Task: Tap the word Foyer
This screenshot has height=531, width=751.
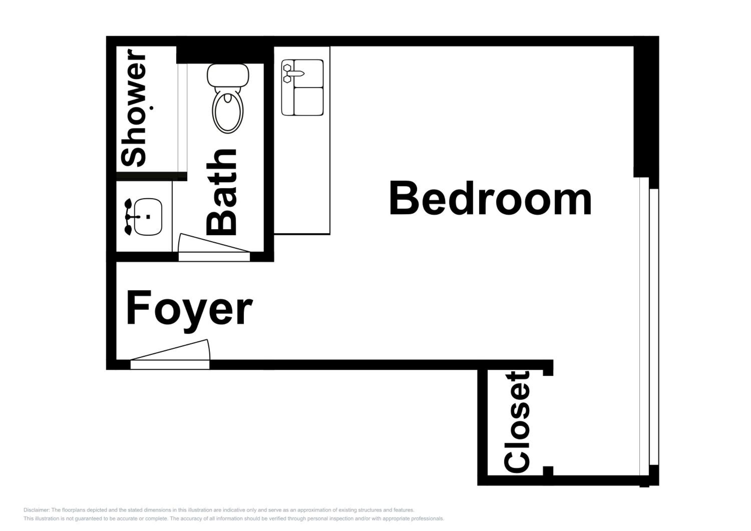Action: [x=190, y=311]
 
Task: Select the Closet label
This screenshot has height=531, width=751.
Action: [x=517, y=422]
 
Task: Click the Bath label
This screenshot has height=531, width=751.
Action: [x=222, y=192]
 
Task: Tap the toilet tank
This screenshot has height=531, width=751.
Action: [x=228, y=75]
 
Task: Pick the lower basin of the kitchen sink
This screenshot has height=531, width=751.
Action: [x=308, y=101]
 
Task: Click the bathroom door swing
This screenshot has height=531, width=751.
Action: [x=213, y=243]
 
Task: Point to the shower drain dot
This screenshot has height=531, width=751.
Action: [x=151, y=108]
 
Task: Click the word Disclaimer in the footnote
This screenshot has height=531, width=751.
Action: [x=36, y=510]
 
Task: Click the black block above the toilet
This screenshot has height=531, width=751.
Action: [x=220, y=55]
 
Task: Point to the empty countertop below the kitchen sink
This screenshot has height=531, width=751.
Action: [x=302, y=175]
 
